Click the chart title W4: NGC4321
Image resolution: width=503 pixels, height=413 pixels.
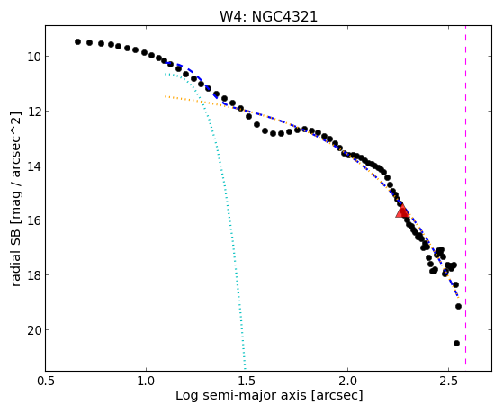268,16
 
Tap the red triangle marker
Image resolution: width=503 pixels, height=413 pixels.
401,211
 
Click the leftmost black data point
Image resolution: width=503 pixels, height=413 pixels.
77,41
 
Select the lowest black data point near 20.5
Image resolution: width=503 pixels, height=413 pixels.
456,344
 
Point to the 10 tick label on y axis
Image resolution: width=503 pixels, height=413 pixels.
33,57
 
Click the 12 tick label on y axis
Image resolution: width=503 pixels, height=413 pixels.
33,112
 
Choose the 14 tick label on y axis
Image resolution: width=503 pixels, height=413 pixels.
33,166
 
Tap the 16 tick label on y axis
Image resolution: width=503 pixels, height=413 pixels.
33,220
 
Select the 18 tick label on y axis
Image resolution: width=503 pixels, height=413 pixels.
33,275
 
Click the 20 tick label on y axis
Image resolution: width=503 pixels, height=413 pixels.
33,330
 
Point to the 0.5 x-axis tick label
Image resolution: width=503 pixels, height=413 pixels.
46,382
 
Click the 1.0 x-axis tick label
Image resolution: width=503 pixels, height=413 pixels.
147,382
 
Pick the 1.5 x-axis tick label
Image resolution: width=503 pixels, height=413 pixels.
247,382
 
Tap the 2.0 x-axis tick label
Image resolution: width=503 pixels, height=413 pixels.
347,382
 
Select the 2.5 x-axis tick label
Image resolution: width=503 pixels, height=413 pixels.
448,382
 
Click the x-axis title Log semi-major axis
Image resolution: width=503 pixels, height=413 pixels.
241,396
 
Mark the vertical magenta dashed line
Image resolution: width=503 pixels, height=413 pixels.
465,198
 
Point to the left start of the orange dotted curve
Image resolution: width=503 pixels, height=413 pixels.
165,96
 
